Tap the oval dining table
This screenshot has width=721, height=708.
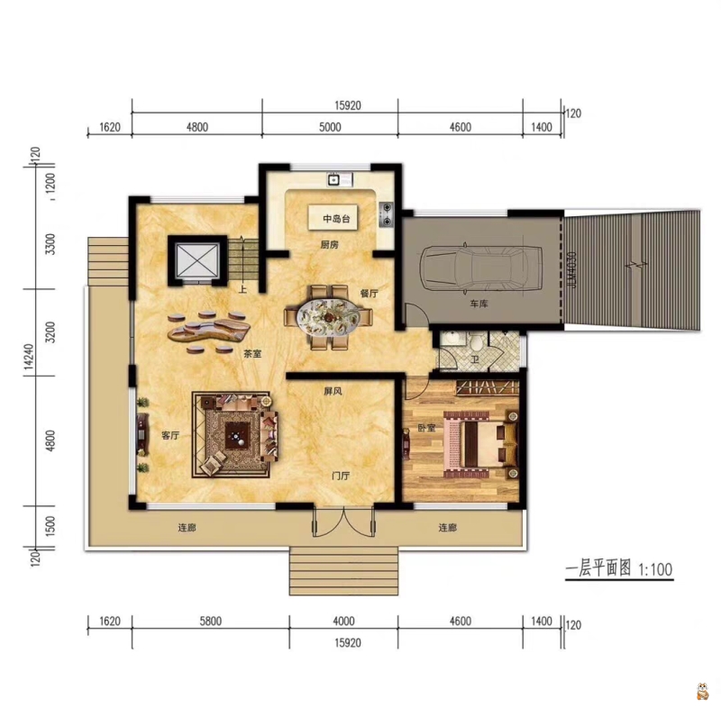click(329, 317)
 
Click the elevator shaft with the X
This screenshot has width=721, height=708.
click(197, 260)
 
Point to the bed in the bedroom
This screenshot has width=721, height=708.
click(480, 444)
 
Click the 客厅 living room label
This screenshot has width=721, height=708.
click(170, 436)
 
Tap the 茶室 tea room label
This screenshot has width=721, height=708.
click(252, 354)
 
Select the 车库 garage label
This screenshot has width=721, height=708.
click(479, 304)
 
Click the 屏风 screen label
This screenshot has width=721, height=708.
click(333, 392)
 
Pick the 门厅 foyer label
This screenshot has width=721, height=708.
click(341, 476)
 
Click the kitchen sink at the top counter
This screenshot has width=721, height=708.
click(333, 179)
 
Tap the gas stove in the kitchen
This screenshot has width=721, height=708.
click(387, 215)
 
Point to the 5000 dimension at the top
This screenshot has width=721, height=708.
click(330, 127)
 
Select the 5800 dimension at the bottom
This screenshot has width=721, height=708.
click(211, 622)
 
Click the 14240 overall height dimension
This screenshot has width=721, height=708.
click(29, 356)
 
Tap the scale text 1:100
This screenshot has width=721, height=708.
click(655, 569)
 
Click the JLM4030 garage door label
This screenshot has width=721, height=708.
click(571, 270)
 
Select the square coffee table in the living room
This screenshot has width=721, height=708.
click(237, 436)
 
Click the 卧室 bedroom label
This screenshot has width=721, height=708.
click(426, 428)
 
